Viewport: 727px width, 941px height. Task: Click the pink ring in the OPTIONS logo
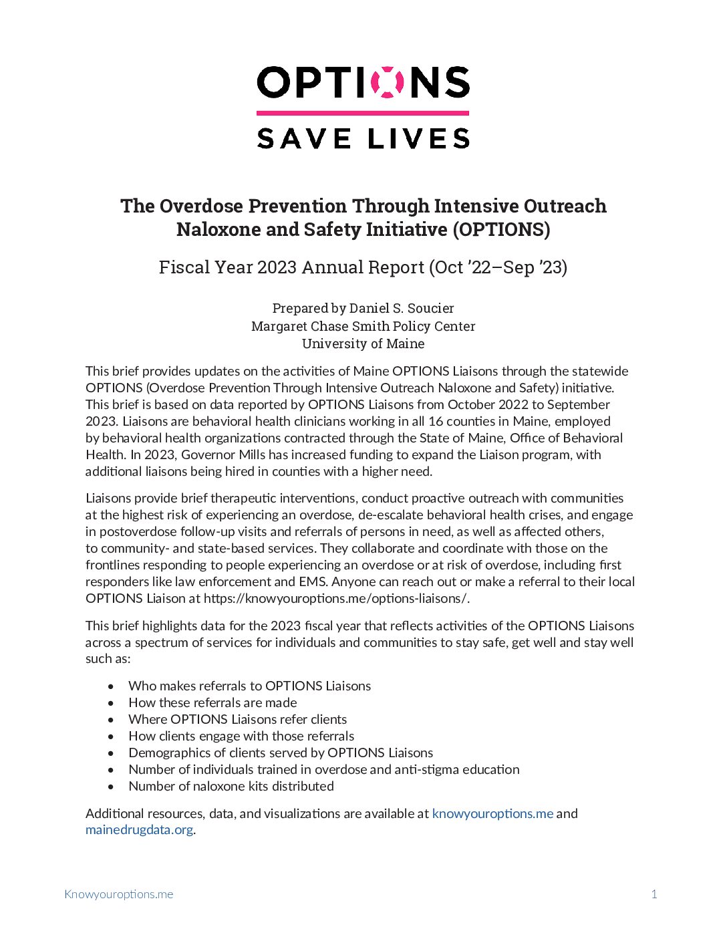point(387,82)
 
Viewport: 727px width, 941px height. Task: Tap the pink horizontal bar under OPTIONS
point(363,113)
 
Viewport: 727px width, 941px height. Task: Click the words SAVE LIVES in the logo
point(363,138)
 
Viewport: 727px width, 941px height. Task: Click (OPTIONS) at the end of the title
point(501,229)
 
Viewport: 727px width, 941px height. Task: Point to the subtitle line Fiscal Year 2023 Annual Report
point(363,267)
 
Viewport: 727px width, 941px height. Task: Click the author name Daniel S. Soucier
point(402,308)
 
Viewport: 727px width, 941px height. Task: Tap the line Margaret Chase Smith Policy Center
point(363,326)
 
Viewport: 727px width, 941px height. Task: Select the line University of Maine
point(363,344)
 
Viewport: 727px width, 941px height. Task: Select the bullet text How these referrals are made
point(212,702)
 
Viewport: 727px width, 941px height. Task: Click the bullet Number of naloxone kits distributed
point(231,786)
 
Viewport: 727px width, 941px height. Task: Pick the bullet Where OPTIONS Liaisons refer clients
point(237,719)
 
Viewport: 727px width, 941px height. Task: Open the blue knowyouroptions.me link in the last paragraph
point(492,813)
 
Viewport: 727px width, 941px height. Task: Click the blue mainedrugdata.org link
point(139,830)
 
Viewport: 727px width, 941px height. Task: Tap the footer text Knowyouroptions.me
point(118,894)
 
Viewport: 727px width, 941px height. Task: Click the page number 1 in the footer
point(654,894)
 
